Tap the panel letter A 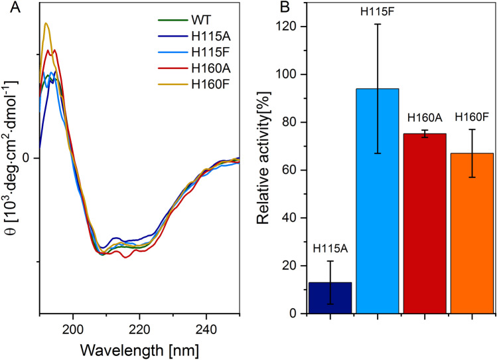pyautogui.click(x=8, y=7)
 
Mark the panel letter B pyautogui.click(x=264, y=7)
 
